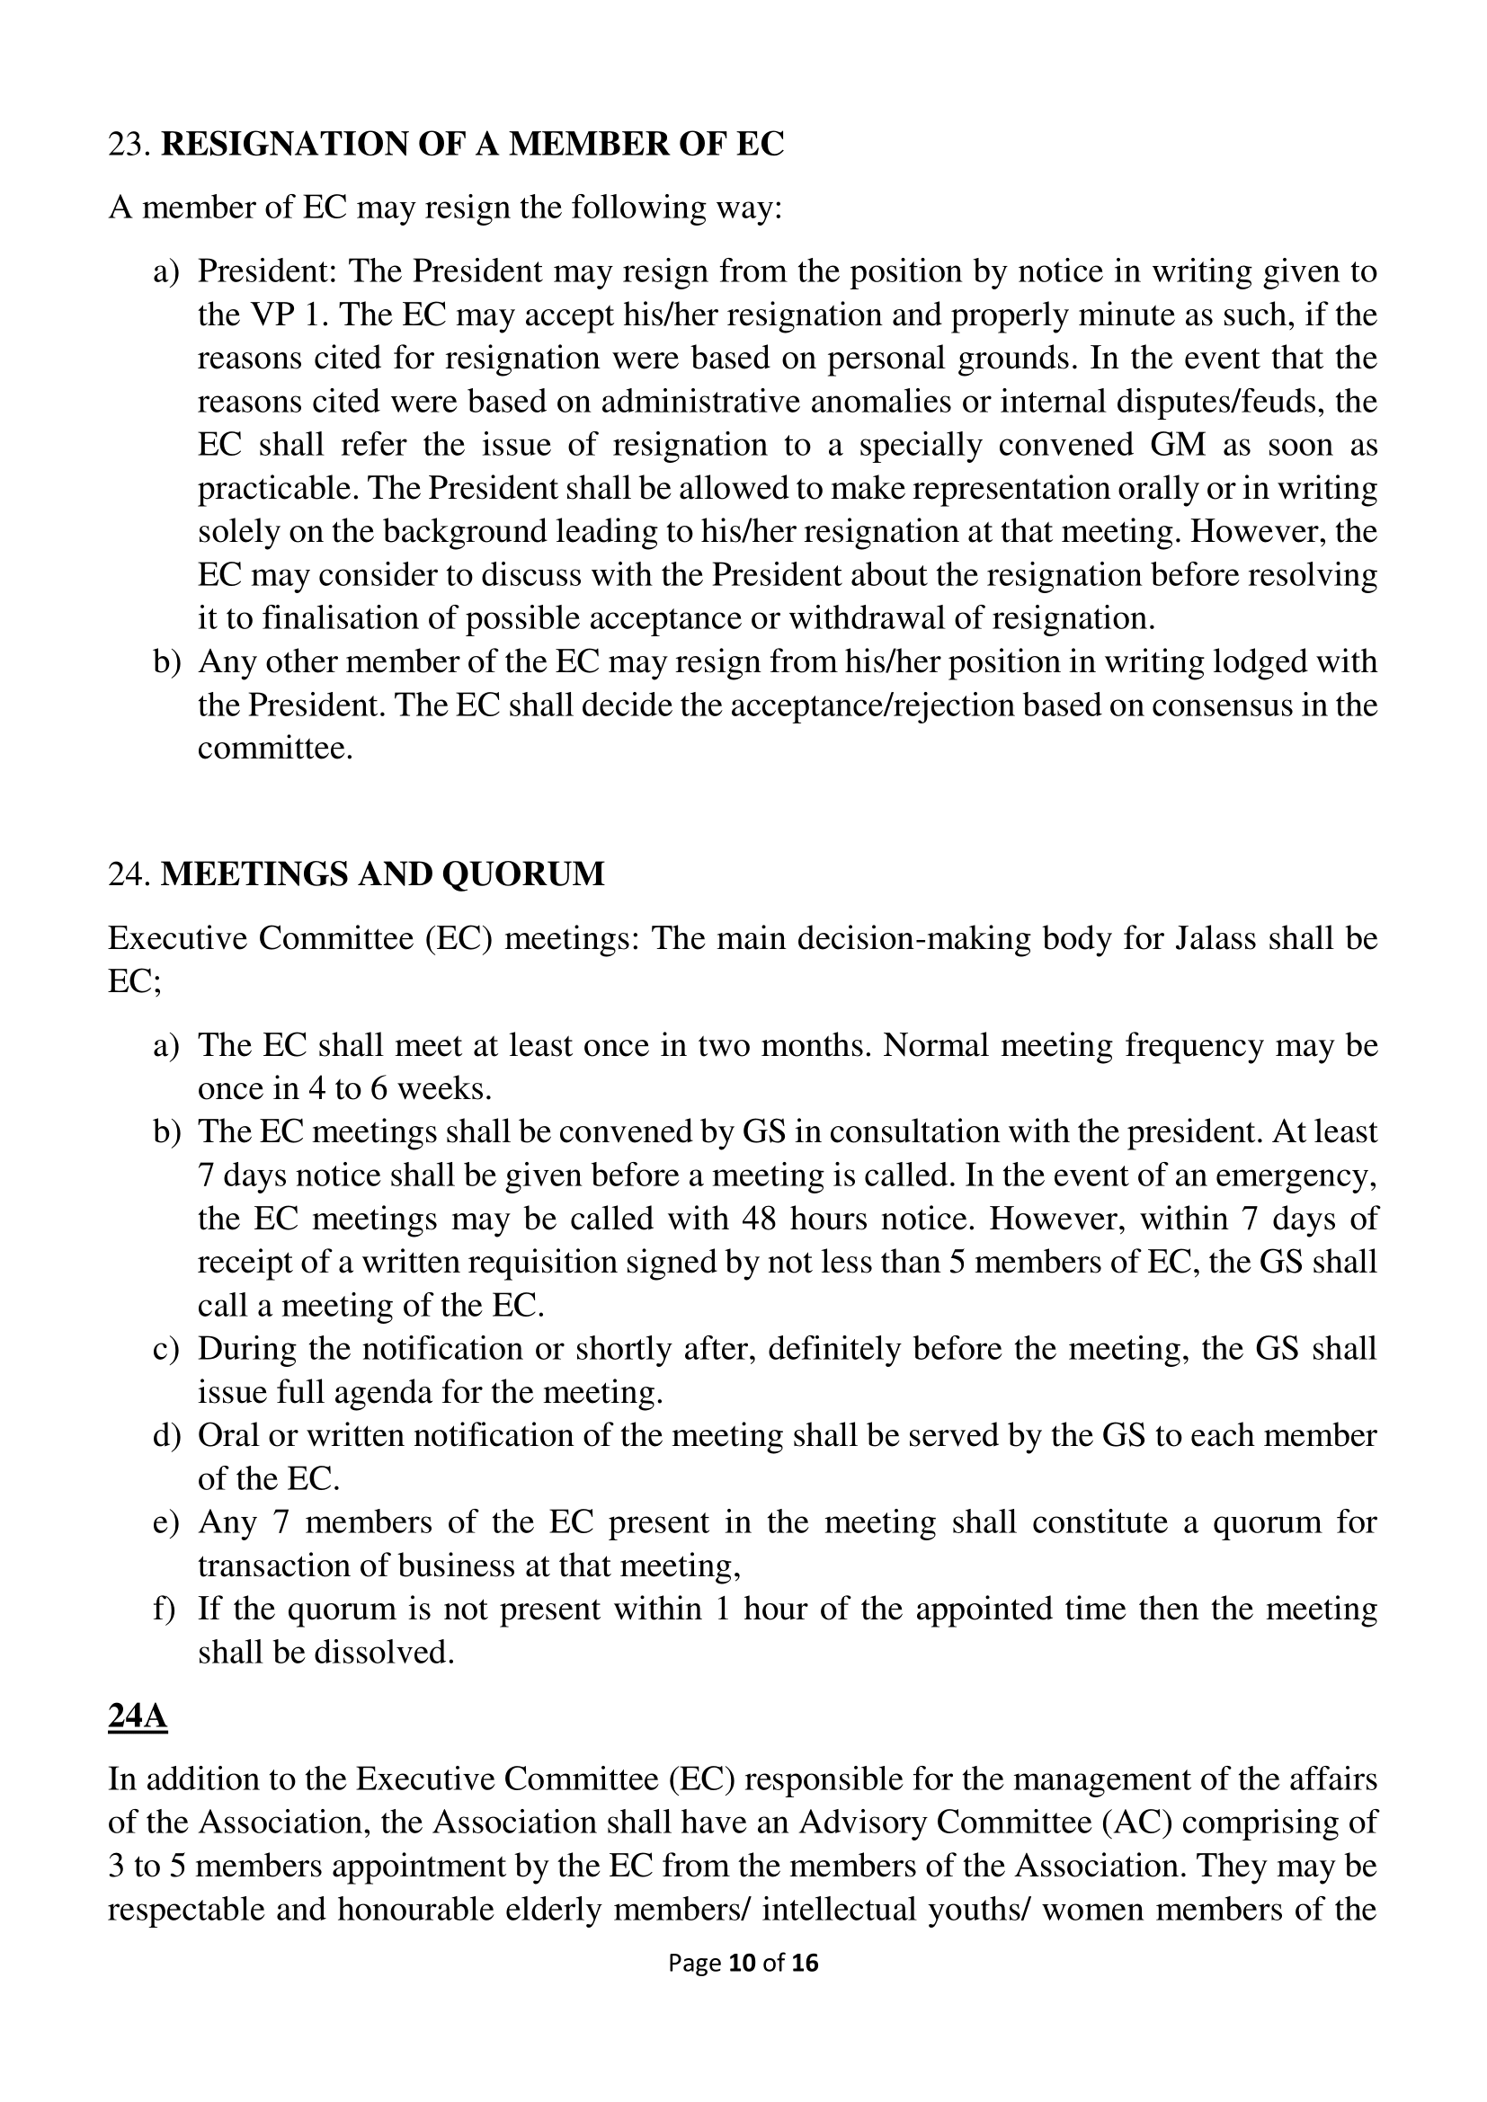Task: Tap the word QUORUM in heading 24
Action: click(523, 874)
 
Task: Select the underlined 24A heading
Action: click(138, 1716)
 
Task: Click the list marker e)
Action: click(165, 1522)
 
